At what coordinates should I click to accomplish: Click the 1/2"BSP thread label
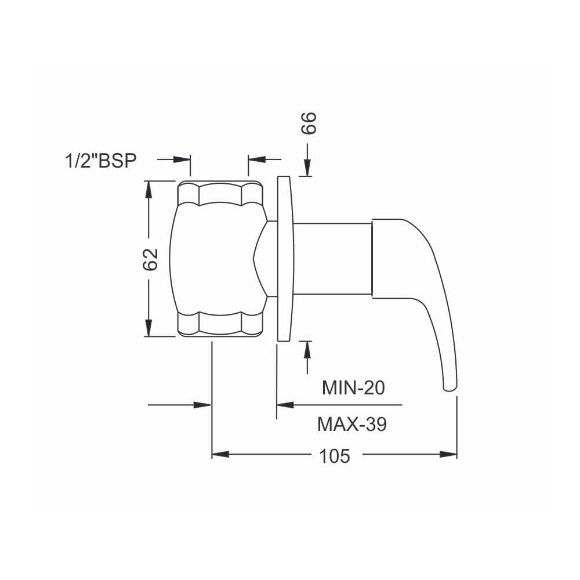[x=101, y=161]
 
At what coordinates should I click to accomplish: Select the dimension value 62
[x=151, y=259]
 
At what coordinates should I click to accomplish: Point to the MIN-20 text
[x=353, y=387]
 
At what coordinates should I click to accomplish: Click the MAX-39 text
[x=352, y=424]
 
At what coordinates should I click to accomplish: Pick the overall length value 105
[x=335, y=456]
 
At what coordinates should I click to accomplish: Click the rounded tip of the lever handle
[x=450, y=387]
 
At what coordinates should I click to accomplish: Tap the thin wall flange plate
[x=285, y=259]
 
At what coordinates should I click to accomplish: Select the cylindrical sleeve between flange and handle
[x=332, y=259]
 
